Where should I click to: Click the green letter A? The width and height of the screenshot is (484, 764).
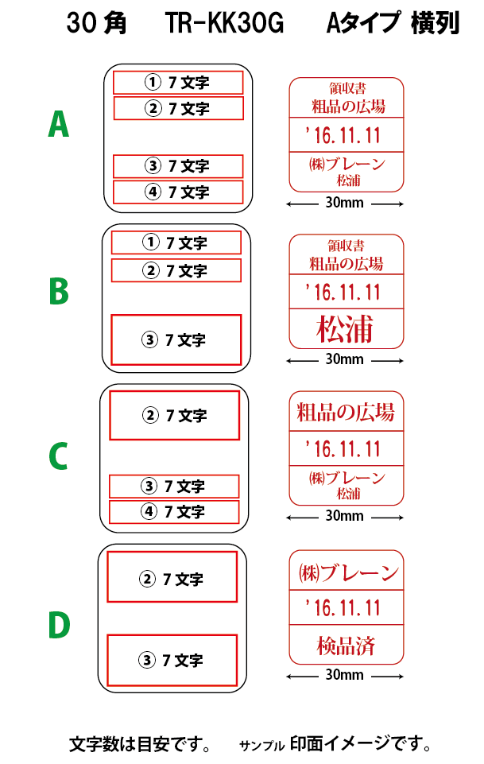59,124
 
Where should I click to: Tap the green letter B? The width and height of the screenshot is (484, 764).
59,291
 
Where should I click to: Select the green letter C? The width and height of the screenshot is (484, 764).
59,456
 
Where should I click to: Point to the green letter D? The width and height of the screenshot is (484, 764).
60,624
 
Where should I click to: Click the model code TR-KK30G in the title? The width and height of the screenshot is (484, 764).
224,23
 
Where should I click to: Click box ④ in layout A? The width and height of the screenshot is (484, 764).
178,192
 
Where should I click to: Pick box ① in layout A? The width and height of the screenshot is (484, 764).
178,83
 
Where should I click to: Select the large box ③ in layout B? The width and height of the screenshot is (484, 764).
176,339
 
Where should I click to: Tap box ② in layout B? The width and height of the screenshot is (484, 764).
176,270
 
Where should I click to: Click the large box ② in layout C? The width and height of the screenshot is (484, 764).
174,415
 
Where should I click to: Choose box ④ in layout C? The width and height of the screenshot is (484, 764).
174,512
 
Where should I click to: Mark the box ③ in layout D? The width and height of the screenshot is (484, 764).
172,660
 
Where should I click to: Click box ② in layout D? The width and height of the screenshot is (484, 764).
172,577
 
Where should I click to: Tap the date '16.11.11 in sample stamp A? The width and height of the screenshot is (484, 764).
343,135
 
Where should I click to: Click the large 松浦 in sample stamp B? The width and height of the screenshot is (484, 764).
345,329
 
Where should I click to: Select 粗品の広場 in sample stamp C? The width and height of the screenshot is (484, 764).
346,412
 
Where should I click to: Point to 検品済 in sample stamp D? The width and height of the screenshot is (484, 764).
346,646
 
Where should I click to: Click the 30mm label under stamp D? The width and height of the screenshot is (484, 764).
344,675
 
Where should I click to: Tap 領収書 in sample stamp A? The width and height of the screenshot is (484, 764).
347,88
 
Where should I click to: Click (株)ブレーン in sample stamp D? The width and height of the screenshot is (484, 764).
349,573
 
